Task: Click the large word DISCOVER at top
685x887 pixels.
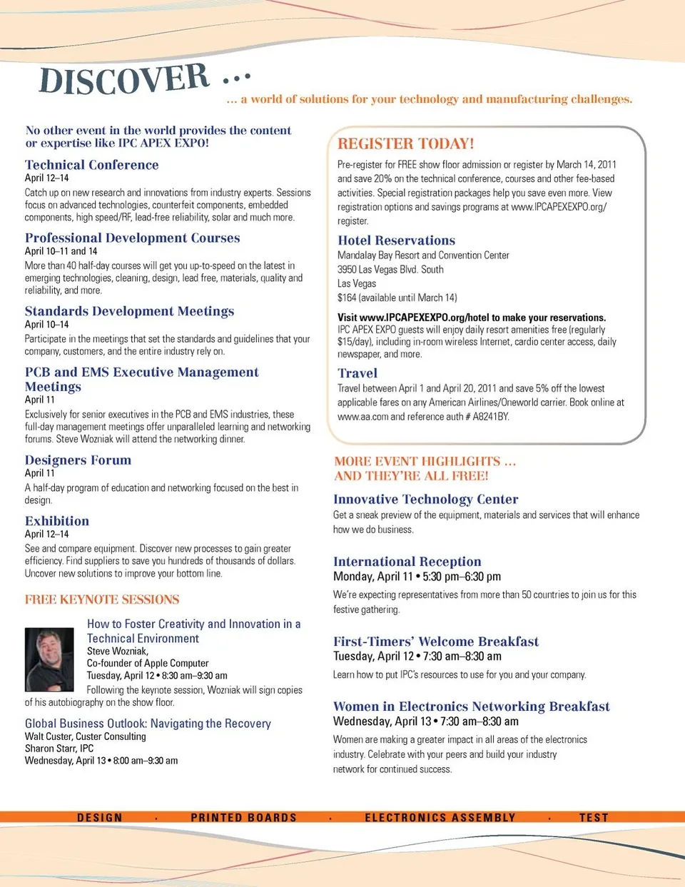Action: pos(125,78)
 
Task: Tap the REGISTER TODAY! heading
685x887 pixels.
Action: pos(405,143)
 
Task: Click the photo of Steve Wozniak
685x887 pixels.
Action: pos(49,659)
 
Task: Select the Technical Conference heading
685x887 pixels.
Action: pos(91,165)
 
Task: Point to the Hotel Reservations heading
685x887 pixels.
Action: pos(396,240)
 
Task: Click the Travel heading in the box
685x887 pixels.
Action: pos(357,373)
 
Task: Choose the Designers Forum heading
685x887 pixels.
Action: pos(78,460)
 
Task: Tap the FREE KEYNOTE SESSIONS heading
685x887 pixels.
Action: pos(102,599)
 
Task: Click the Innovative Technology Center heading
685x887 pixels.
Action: pos(425,500)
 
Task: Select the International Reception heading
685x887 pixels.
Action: pos(407,562)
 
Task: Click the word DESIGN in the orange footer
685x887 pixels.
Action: pos(100,818)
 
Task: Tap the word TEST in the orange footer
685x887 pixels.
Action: pos(594,818)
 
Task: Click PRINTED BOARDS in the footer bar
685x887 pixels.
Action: pos(243,818)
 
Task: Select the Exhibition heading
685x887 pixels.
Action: pos(57,521)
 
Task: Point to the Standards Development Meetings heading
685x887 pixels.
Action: pos(129,311)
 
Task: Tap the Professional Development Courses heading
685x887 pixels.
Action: pos(132,238)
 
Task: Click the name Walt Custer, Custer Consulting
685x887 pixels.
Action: pos(85,736)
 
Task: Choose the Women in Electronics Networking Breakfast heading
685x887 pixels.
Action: pos(471,706)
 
